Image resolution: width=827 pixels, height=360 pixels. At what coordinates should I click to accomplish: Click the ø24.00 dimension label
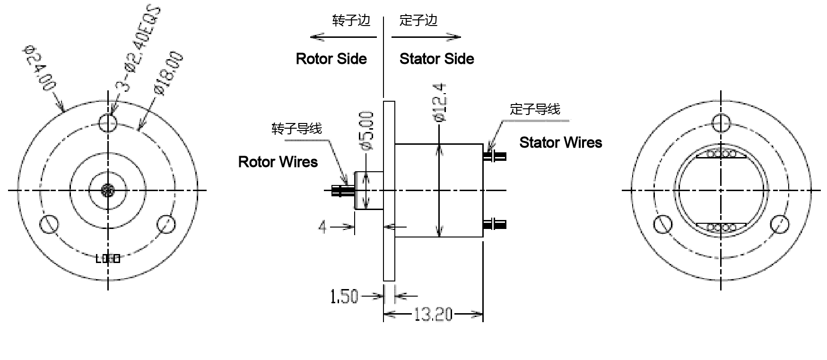[x=39, y=68]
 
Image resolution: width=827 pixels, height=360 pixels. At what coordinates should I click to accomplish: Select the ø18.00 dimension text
[x=168, y=74]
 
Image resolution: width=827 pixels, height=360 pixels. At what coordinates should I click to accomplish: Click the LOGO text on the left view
[x=108, y=259]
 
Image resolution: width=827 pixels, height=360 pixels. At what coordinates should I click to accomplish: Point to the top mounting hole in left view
[x=108, y=123]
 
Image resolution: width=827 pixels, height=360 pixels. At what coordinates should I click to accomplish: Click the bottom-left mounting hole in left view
[x=49, y=224]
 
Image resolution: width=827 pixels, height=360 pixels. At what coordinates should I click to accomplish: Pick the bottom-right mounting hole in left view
[x=166, y=224]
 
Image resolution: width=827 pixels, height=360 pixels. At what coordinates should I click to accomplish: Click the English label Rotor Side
[x=331, y=59]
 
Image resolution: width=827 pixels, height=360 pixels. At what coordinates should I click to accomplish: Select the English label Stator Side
[x=436, y=59]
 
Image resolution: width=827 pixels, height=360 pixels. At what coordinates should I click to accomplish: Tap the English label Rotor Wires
[x=278, y=162]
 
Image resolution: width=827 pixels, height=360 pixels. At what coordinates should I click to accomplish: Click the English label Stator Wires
[x=560, y=142]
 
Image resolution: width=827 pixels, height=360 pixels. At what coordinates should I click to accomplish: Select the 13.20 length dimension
[x=433, y=314]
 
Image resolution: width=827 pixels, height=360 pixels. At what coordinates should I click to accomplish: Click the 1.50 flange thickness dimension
[x=344, y=297]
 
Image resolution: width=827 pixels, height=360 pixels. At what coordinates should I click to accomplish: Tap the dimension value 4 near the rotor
[x=322, y=228]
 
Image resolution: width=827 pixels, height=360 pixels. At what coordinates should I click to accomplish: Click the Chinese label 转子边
[x=351, y=20]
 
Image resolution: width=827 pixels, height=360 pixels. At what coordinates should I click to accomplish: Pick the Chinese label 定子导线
[x=535, y=109]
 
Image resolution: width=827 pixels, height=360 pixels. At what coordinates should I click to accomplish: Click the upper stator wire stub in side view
[x=495, y=156]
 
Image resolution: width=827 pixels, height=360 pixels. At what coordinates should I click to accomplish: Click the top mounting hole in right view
[x=721, y=123]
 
